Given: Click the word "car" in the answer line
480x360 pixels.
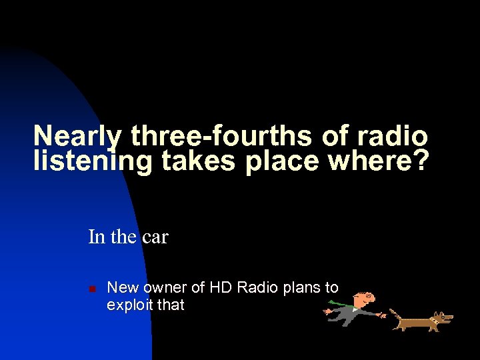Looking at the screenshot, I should [155, 237].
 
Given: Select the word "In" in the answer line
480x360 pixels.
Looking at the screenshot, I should [96, 237].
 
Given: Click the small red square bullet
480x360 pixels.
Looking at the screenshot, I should [93, 289].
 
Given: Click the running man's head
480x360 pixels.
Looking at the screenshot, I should [365, 298].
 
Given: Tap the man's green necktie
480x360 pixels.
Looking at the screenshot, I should [340, 305].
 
